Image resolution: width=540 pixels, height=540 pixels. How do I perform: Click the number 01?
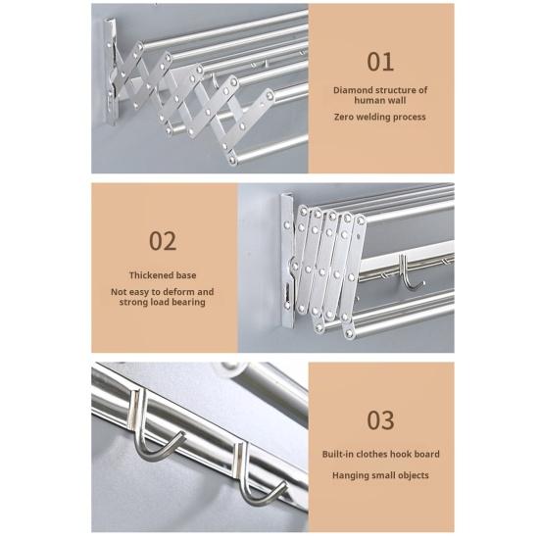[380, 62]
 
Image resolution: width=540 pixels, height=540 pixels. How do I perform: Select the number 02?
[163, 241]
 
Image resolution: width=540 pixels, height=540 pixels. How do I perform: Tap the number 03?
[380, 420]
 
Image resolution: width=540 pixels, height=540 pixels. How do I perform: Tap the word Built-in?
[338, 455]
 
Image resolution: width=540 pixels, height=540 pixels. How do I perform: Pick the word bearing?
[188, 303]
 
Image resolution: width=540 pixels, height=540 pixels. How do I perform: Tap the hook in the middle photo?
[409, 273]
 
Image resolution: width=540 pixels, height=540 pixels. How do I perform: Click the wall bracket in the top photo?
[111, 73]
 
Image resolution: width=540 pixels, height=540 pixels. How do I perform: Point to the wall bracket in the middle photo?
[287, 261]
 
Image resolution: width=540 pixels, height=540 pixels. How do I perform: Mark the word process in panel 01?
[411, 118]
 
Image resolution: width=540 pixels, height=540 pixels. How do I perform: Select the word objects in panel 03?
[413, 475]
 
